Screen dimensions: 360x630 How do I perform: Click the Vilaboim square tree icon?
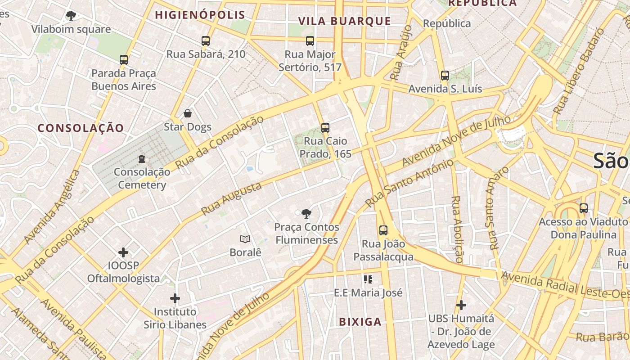point(71,16)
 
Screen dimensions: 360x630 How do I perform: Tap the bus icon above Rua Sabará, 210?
point(206,41)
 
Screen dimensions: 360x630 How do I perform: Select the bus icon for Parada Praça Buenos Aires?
point(124,60)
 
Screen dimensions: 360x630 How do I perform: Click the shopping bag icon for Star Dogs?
point(188,113)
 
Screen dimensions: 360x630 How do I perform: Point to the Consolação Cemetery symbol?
point(142,159)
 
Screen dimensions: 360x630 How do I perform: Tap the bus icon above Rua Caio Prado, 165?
point(325,128)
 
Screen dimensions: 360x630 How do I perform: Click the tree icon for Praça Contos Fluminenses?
point(306,214)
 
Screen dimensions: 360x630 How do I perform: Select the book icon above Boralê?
point(245,239)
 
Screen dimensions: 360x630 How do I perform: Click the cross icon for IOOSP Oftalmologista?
point(123,252)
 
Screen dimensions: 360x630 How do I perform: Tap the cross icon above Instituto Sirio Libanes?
point(175,298)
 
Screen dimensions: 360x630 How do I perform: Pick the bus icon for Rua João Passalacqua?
point(383,230)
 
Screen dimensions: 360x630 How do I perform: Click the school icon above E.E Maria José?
point(368,279)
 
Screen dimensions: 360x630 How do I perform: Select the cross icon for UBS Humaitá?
point(461,306)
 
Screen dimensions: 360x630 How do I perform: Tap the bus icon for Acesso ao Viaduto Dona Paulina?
point(584,208)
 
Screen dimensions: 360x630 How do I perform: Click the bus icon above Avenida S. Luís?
point(445,76)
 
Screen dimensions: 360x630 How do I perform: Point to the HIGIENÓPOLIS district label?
point(200,15)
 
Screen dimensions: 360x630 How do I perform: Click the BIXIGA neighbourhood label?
point(360,322)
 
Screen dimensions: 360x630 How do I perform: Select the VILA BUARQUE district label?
point(345,21)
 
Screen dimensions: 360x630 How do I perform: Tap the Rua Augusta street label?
point(231,199)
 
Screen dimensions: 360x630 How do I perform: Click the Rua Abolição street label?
point(457,229)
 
